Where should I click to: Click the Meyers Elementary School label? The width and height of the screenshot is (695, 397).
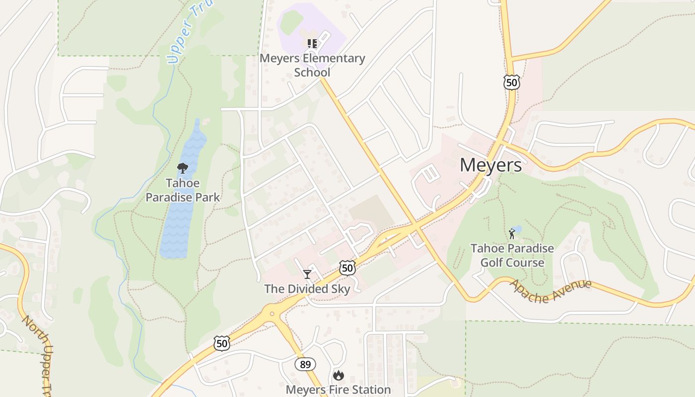click(312, 65)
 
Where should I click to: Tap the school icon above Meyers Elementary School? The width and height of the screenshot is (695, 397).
click(312, 44)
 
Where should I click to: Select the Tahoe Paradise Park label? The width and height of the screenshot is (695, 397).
click(182, 190)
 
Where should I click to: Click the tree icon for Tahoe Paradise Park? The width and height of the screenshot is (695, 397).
click(182, 168)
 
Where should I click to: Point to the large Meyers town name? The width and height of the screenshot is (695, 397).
click(490, 165)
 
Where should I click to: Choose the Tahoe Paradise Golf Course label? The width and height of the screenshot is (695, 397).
click(512, 255)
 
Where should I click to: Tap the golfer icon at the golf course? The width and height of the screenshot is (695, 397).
click(511, 233)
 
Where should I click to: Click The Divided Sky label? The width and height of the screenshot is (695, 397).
click(307, 289)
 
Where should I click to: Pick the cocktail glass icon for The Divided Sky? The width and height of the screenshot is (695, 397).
click(307, 274)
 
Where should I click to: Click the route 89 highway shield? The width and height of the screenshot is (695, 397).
click(305, 364)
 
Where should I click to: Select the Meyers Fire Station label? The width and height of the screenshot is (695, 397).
click(338, 390)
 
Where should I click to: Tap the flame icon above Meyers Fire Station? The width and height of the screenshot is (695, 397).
click(339, 375)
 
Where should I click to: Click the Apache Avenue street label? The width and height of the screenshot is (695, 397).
click(551, 291)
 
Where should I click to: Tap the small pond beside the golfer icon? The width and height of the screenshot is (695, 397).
click(517, 229)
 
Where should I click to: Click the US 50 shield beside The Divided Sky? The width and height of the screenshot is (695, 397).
click(347, 268)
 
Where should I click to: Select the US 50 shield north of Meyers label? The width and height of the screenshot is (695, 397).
click(511, 82)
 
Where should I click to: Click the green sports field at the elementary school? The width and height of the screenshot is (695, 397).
click(291, 22)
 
